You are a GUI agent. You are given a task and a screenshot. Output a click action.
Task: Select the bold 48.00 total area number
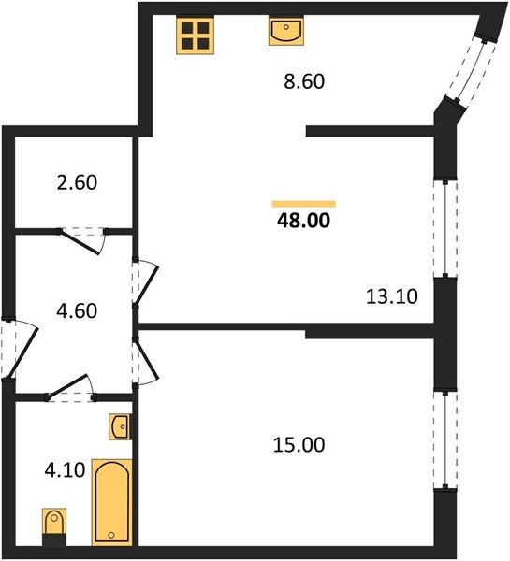click(x=304, y=222)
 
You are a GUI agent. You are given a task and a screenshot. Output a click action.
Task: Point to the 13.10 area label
click(x=390, y=297)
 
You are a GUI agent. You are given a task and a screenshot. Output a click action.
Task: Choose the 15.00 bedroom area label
click(x=299, y=445)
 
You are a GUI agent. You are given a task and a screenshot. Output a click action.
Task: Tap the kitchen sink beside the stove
click(x=284, y=33)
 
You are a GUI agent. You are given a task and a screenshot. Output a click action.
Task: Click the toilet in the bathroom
click(x=53, y=524)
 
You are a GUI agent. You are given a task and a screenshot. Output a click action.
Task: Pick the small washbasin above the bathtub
click(x=119, y=426)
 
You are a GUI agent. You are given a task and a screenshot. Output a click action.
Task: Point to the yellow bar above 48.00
click(x=304, y=203)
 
